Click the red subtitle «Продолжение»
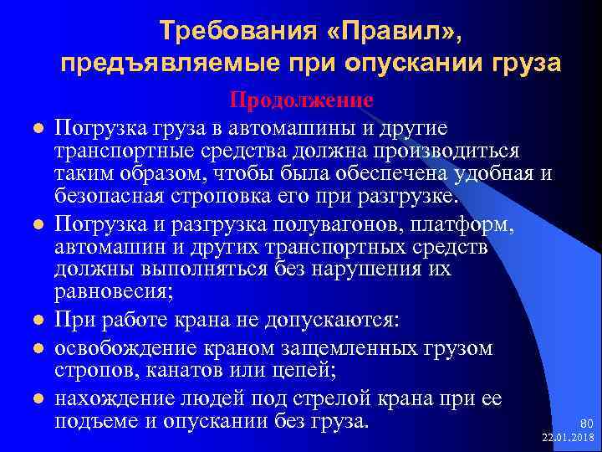click(x=301, y=100)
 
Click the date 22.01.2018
click(x=568, y=438)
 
